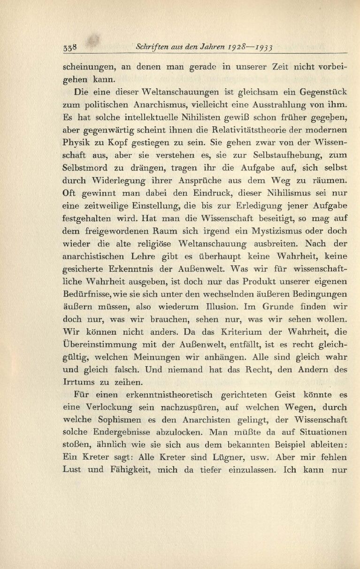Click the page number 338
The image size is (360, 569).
pyautogui.click(x=70, y=47)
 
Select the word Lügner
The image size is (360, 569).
pyautogui.click(x=254, y=445)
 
